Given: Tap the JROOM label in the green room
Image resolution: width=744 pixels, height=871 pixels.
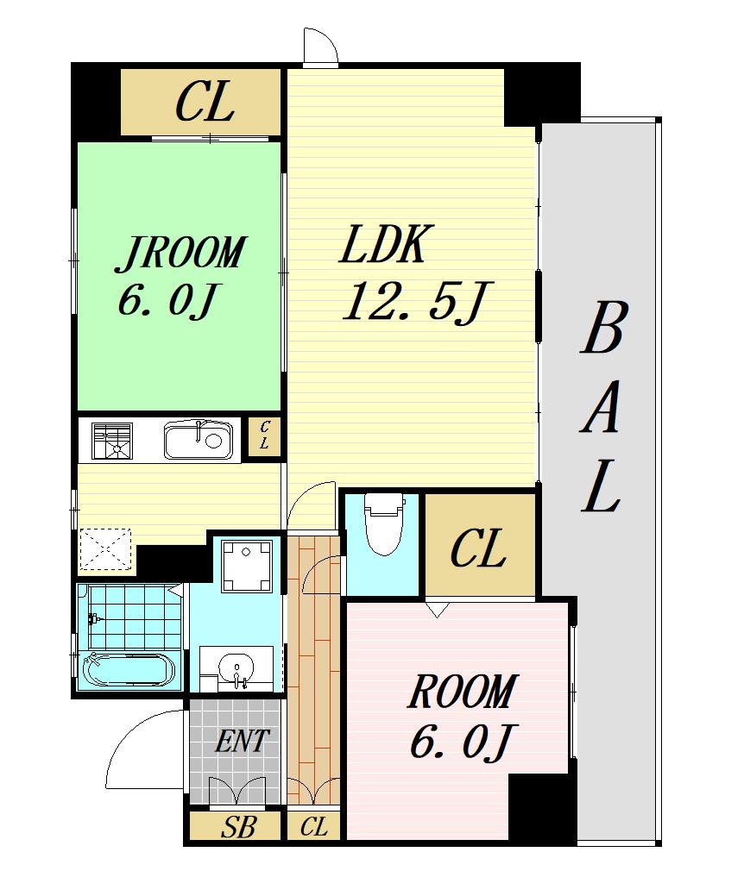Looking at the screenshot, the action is pos(180,254).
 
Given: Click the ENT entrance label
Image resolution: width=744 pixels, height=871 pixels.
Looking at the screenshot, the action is pos(242,741).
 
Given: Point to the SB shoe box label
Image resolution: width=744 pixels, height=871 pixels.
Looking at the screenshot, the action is pos(238,828).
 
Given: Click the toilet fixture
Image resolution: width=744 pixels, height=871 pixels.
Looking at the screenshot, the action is pos(384,523).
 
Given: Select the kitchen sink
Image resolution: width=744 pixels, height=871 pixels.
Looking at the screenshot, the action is pos(198,440).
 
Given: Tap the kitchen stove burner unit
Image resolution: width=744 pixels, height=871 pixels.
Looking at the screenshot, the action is pos(112,441).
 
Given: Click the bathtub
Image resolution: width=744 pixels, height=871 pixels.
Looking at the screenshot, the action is pos(128,670).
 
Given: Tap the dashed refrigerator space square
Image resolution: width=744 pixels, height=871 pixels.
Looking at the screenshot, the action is pos(105,550).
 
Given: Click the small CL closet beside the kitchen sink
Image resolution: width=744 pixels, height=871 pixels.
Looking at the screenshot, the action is pos(264,436).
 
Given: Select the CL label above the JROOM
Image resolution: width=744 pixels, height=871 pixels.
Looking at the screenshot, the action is pos(205,102).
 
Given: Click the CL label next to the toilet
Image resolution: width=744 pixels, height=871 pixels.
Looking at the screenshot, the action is pos(478,548).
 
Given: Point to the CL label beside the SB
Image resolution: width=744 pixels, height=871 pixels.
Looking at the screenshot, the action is pos(314,828).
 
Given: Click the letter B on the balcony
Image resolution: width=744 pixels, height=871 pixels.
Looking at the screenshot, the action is pos(604,328).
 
